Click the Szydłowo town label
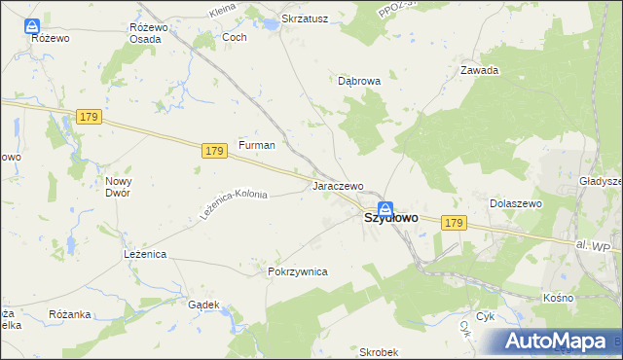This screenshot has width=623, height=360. point(391,219)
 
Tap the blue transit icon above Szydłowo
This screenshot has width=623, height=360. point(385,207)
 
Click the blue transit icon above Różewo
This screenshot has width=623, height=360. point(33,25)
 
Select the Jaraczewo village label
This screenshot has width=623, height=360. point(337,185)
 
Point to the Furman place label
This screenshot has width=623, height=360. point(257,145)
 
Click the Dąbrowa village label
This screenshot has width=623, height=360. point(359,82)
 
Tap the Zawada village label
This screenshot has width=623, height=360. point(480,70)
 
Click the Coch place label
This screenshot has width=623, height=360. point(235,37)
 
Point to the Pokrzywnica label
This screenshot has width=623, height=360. point(297,271)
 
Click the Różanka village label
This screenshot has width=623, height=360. point(69,314)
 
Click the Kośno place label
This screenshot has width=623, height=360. point(559,297)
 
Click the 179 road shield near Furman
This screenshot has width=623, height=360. point(216,151)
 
